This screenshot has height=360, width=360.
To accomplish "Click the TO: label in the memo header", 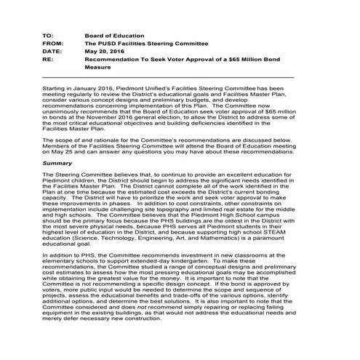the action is (48, 35).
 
